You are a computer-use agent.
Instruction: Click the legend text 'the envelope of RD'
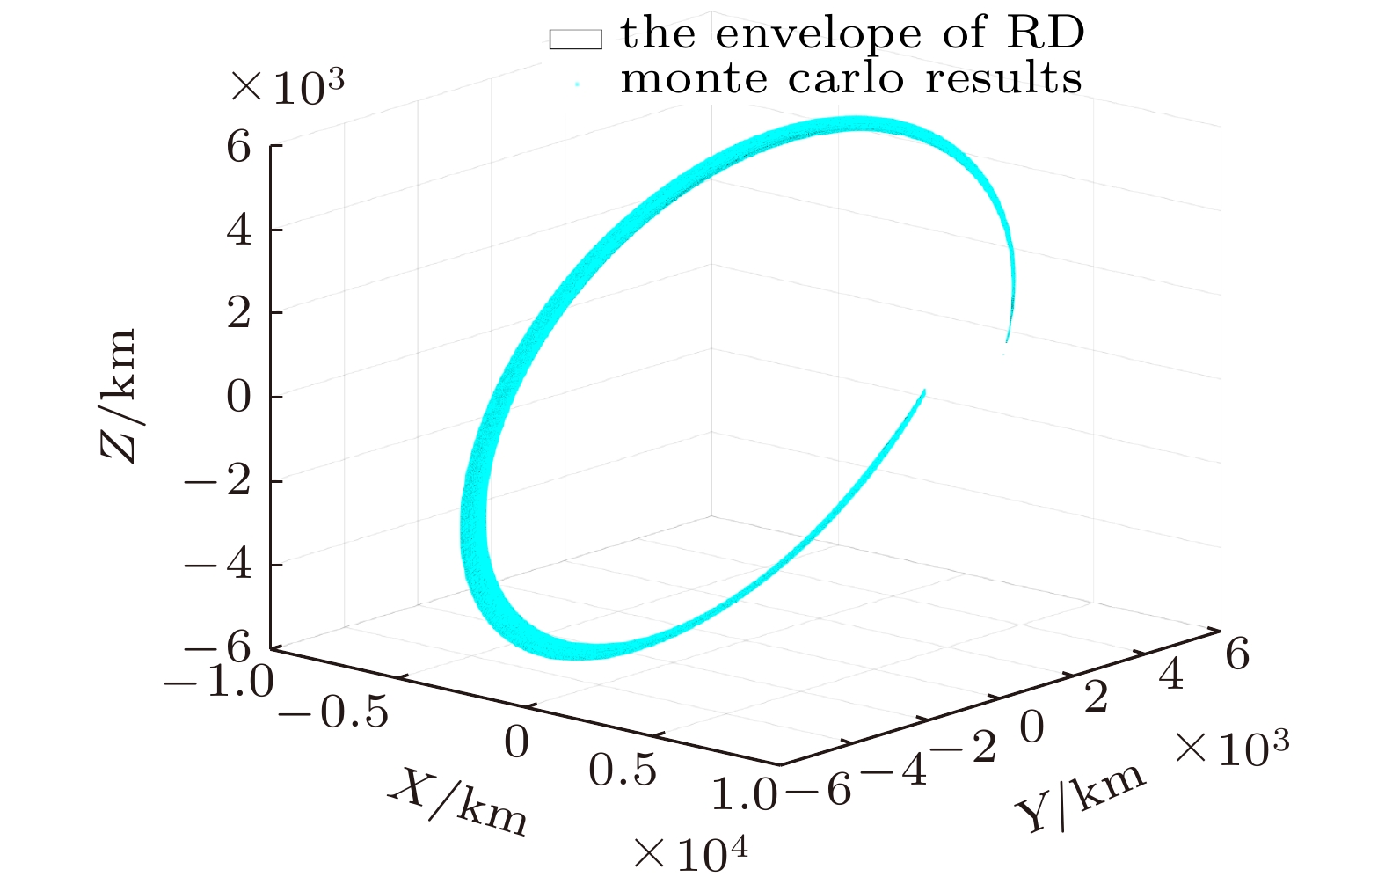click(x=852, y=34)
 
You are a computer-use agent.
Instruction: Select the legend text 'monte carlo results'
click(x=850, y=78)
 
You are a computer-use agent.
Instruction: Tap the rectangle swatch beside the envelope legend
click(x=576, y=39)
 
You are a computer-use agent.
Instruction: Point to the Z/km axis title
click(x=120, y=396)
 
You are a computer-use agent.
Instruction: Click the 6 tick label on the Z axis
click(x=238, y=146)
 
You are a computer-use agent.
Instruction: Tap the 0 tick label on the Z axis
click(x=238, y=397)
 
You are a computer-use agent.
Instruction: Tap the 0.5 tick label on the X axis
click(x=622, y=771)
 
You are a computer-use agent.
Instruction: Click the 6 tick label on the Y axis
click(x=1236, y=654)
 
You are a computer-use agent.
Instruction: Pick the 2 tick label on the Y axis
click(x=1096, y=698)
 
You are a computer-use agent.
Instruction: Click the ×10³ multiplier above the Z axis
click(x=287, y=87)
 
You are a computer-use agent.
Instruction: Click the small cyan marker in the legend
click(x=577, y=84)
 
